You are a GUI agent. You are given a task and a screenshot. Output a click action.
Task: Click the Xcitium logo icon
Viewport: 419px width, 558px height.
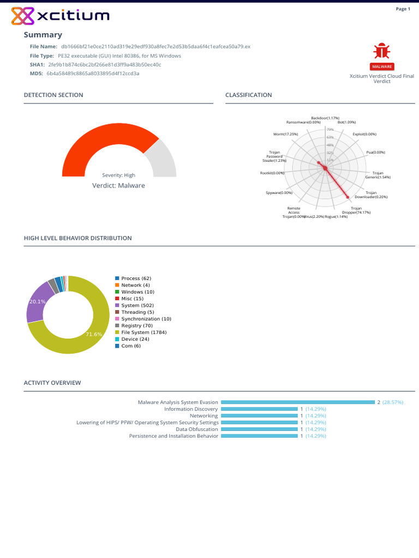(22, 16)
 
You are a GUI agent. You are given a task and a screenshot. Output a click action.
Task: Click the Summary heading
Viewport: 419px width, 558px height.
(43, 35)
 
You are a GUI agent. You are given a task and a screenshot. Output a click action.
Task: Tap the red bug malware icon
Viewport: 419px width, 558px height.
(381, 51)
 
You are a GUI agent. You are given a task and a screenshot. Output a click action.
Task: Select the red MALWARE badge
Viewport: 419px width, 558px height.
(382, 66)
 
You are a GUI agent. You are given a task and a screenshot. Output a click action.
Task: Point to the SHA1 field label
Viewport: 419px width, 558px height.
(37, 64)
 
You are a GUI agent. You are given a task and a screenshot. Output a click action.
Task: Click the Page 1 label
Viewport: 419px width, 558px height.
(403, 9)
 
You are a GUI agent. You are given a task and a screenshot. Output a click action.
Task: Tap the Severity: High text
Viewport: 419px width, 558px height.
(118, 175)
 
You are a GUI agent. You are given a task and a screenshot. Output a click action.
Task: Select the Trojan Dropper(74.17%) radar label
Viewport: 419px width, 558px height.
(356, 210)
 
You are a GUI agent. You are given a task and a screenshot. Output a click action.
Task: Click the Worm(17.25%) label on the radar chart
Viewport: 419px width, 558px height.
(285, 134)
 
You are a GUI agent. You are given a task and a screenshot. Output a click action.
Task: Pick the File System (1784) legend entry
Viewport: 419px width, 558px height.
(143, 332)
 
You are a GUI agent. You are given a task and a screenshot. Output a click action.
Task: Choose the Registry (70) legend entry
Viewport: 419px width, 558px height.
(136, 325)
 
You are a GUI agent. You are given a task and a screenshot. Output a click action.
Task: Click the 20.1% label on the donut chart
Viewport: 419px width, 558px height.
(37, 301)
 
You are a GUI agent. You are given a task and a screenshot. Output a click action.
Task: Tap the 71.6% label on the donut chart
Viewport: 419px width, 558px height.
(94, 334)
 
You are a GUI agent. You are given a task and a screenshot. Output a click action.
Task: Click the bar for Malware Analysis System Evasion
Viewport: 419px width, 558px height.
(297, 402)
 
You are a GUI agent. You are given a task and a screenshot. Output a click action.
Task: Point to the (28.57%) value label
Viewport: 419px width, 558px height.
(393, 402)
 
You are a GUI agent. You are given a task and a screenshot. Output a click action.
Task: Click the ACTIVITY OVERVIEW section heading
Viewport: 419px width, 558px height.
(52, 383)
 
